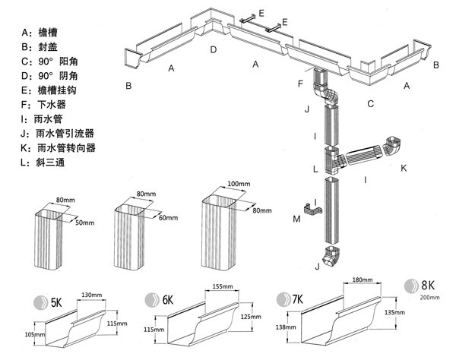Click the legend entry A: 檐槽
[40, 32]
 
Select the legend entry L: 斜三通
[43, 162]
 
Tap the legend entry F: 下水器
[43, 104]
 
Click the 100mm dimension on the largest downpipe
[239, 184]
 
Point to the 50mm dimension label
[85, 223]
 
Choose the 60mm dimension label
[168, 217]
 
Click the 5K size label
[56, 303]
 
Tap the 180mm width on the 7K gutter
[363, 279]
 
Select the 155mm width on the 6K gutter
[223, 286]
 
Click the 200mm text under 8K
[430, 297]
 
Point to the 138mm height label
[286, 327]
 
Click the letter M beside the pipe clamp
[296, 219]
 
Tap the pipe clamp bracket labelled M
[312, 210]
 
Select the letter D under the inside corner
[214, 49]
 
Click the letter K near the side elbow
[404, 168]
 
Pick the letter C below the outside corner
[370, 104]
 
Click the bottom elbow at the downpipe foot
[331, 257]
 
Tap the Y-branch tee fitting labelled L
[334, 160]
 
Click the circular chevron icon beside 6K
[152, 299]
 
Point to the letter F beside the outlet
[300, 84]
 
